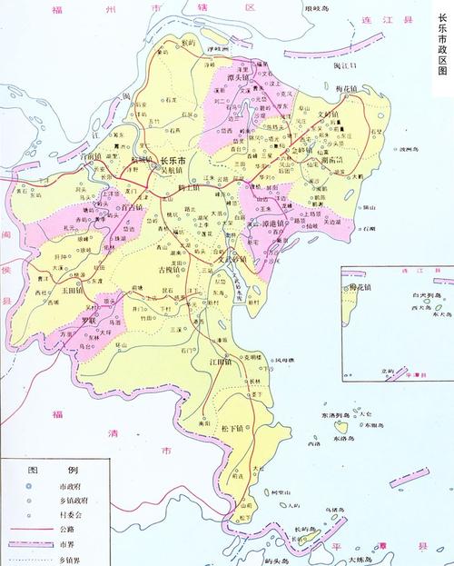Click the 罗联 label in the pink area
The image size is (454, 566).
click(x=86, y=321)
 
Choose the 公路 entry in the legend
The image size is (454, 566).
click(x=66, y=525)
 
